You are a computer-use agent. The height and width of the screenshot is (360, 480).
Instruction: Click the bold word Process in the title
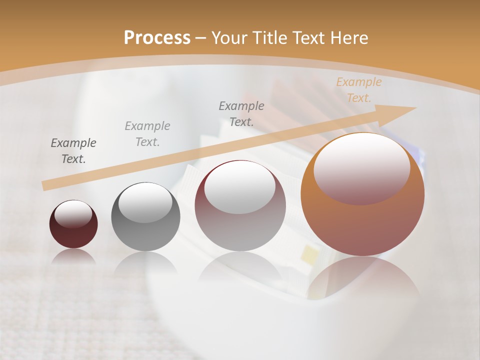tap(157, 37)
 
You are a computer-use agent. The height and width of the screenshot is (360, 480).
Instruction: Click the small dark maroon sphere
tap(73, 224)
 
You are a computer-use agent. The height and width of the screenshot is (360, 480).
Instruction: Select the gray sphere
tap(145, 217)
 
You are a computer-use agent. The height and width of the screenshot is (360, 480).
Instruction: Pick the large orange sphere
tap(362, 194)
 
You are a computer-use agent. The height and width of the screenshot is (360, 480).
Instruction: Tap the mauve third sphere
tap(240, 205)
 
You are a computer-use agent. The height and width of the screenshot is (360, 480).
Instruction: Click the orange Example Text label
tap(358, 90)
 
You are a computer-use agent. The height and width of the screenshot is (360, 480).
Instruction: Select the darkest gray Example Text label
tap(73, 151)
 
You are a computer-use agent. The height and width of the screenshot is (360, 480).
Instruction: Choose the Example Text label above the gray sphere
tap(147, 133)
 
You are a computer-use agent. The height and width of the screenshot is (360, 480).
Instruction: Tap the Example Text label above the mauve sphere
tap(241, 113)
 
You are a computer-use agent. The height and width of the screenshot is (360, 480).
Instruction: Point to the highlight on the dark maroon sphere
tap(73, 214)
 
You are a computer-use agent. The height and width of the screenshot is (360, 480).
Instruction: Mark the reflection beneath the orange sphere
tap(362, 280)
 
